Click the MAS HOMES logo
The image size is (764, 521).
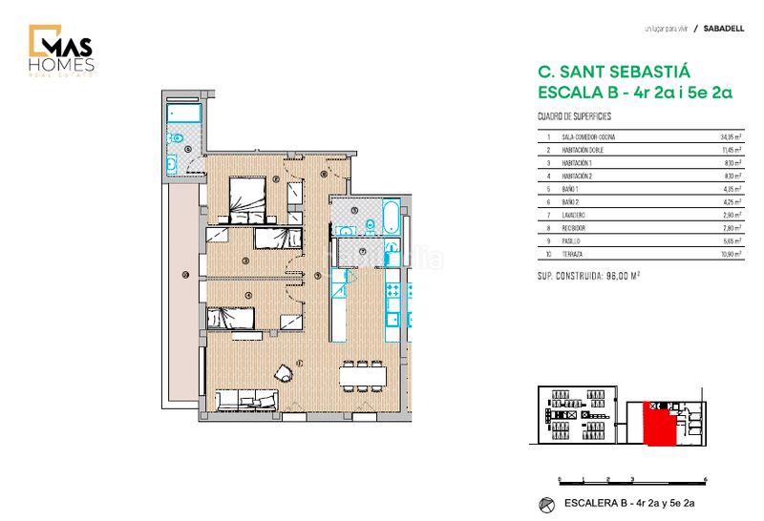[61, 52]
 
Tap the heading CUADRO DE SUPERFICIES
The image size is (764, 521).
[574, 116]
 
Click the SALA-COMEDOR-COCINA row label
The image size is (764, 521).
[588, 137]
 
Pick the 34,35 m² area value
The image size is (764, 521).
[731, 137]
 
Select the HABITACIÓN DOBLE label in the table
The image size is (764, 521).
[583, 151]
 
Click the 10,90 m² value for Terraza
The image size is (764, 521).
[731, 256]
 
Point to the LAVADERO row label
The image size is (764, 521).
[577, 217]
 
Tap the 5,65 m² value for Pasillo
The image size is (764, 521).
[732, 242]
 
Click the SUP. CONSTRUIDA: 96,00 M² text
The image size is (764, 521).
[589, 275]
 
